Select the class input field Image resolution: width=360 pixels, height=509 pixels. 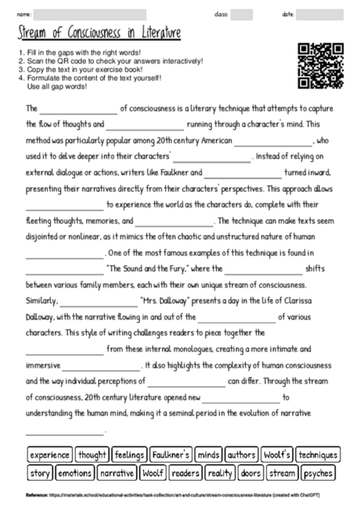(242, 14)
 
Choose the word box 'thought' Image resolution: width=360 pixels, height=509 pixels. (93, 455)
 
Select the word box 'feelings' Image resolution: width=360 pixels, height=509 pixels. (129, 455)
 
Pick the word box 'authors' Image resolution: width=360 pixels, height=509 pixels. (242, 455)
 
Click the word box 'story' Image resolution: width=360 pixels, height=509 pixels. (40, 473)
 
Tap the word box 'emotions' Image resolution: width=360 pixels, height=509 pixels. (75, 473)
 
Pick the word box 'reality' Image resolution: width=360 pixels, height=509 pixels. (220, 473)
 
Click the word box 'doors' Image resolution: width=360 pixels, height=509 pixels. (251, 473)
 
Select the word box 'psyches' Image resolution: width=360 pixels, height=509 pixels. (318, 473)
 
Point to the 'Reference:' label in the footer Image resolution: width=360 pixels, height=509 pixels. (37, 496)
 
